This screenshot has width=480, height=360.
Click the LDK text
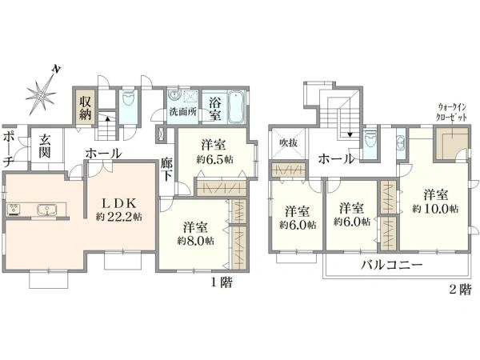point(117,201)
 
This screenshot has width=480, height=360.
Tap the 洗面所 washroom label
point(182,112)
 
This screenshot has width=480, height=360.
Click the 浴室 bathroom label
point(215,109)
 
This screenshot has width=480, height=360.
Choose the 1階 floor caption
point(222,282)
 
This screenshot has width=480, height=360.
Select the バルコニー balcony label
point(390,266)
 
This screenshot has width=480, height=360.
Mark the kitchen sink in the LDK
point(45,211)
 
